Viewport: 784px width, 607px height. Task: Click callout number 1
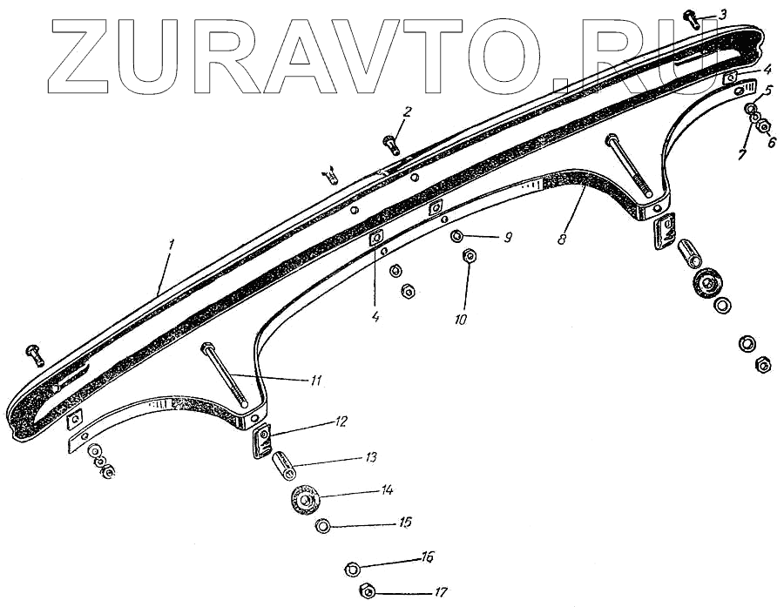click(172, 246)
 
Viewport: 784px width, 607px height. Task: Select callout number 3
click(722, 14)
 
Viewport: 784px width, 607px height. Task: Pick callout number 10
click(461, 320)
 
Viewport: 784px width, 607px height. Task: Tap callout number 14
click(386, 490)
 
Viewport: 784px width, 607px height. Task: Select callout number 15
click(405, 523)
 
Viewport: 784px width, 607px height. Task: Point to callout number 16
click(427, 556)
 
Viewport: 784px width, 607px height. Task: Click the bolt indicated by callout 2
click(389, 139)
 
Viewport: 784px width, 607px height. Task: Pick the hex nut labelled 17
click(368, 592)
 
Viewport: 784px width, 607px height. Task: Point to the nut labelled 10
click(468, 256)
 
